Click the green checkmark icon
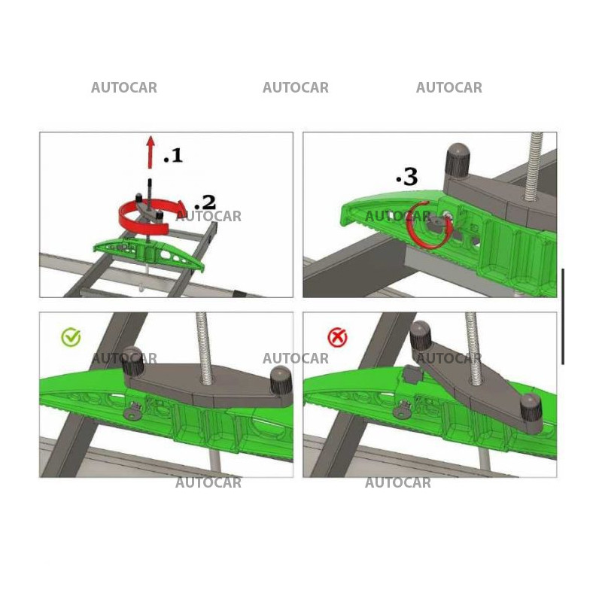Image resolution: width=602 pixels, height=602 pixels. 71,337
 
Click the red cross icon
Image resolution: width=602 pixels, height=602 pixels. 338,337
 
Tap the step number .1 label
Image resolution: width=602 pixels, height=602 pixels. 172,156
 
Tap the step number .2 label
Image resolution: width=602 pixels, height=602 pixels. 205,202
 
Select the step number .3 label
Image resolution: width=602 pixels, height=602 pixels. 406,178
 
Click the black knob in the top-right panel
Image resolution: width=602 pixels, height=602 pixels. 457,159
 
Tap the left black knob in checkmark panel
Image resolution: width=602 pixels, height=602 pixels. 133,363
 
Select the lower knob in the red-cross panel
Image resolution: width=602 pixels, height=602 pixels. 531,411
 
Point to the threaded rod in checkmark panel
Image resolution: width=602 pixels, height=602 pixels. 203,342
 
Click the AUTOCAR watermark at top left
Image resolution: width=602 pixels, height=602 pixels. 124,88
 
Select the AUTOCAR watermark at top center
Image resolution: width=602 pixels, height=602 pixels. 295,88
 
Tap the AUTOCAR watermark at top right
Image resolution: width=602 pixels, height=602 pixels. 448,88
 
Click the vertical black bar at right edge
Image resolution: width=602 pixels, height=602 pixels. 562,316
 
